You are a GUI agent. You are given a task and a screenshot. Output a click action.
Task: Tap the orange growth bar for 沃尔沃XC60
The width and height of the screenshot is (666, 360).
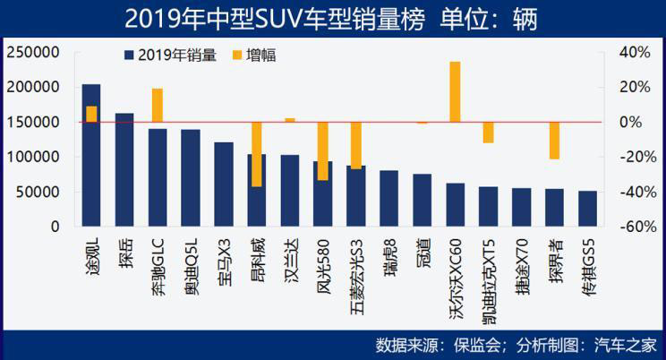tap(455, 91)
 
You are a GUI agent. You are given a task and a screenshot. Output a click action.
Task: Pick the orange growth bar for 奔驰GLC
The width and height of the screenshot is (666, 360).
tap(158, 105)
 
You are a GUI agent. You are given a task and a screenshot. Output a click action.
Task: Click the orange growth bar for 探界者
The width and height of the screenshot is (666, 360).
tap(554, 141)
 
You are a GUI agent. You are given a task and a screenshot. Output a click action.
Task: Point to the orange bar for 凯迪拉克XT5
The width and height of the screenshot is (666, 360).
tap(488, 132)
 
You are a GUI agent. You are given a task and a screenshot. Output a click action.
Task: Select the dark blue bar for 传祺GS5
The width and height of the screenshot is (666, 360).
tap(587, 209)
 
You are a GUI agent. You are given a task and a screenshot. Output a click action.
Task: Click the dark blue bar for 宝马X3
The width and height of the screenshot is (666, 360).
tap(224, 184)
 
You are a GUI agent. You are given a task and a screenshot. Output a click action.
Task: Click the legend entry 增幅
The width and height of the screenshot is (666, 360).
tap(260, 56)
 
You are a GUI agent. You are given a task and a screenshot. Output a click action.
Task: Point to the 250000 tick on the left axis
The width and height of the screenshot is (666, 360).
tap(32, 53)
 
